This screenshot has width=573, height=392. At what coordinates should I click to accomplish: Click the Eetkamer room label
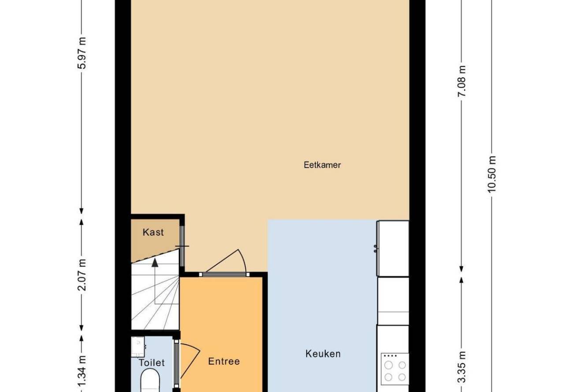(x=322, y=165)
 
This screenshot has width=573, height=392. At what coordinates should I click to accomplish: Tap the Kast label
(x=153, y=232)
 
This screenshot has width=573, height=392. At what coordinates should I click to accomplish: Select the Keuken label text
(x=323, y=354)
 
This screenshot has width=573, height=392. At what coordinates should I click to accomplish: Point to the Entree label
(x=224, y=361)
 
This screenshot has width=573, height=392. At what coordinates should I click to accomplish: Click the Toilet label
(x=152, y=362)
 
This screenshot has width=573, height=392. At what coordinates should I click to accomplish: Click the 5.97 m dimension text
(x=82, y=53)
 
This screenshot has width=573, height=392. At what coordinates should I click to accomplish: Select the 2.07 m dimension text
(x=82, y=275)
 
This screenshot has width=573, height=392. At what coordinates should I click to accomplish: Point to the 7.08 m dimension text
(x=462, y=81)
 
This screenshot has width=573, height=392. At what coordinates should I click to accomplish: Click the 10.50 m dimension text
(x=491, y=174)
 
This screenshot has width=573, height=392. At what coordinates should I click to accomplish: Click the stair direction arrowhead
(x=155, y=263)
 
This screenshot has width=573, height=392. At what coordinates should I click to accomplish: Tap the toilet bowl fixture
(x=150, y=381)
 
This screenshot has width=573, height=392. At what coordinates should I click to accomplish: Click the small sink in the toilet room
(x=138, y=347)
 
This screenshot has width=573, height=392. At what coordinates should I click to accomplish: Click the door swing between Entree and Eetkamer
(x=225, y=261)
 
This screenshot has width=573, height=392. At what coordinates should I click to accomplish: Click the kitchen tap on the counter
(x=375, y=248)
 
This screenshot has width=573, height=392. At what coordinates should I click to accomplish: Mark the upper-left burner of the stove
(x=389, y=365)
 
